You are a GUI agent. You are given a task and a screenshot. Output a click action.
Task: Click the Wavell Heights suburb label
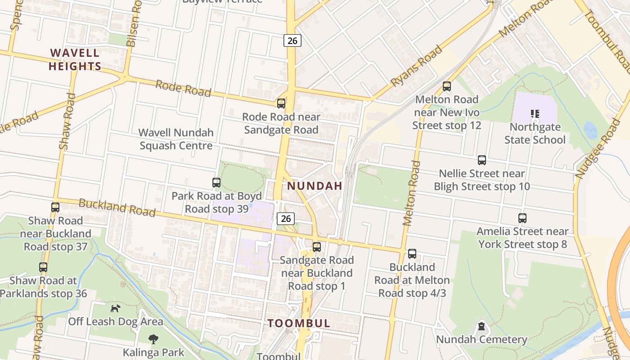coord(75,59)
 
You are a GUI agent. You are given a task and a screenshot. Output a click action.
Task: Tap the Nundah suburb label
coord(315,186)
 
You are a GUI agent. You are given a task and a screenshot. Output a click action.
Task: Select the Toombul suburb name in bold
coord(299,323)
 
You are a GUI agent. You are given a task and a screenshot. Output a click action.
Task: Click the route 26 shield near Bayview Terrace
coord(292,40)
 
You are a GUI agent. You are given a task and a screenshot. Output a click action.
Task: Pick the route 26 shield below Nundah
coord(286,219)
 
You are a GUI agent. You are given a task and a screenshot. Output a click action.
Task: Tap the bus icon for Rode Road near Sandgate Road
coord(281,103)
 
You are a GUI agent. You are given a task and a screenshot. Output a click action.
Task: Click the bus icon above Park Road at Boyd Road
coord(216,183)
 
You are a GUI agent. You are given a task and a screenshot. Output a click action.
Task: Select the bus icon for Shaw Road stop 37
coord(55,207)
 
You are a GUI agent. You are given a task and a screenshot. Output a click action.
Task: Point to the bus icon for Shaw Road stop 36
coord(43,267)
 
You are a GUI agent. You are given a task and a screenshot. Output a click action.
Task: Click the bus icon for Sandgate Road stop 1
coord(317,247)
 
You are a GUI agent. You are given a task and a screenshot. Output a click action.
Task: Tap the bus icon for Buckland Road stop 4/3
coord(412,254)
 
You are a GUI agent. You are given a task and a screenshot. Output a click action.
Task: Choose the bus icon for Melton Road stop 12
coord(447,86)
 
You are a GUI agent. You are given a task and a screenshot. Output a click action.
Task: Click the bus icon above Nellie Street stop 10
coord(482,160)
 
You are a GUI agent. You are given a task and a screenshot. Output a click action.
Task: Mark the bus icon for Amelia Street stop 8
coord(522,218)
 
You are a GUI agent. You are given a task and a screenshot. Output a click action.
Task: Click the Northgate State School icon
coord(535,114)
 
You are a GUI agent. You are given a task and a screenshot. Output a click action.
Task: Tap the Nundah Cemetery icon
coord(481,326)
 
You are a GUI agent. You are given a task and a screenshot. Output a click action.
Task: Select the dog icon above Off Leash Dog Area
coord(116,308)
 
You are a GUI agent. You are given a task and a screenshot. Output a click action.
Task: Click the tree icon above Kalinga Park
coord(153,339)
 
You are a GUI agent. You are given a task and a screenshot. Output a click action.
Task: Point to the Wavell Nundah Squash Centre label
coord(175,139)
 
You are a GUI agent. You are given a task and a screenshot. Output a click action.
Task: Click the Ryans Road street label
coord(417,66)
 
